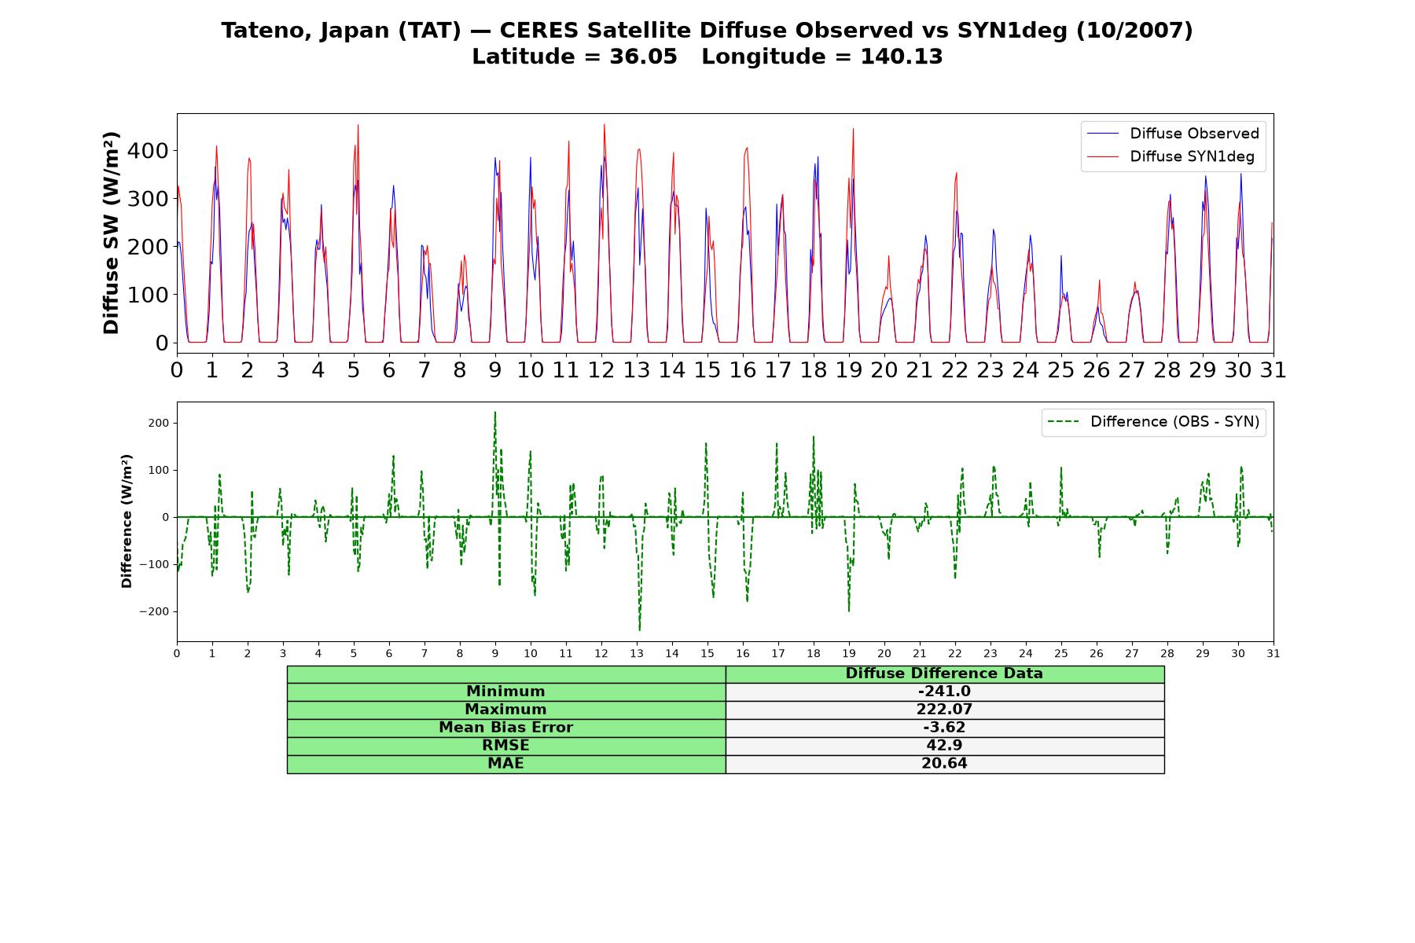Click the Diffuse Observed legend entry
click(1173, 134)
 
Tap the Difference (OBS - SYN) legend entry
click(1154, 422)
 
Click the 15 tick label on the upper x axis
click(707, 369)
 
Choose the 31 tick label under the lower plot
click(1273, 653)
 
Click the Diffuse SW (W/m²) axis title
click(112, 233)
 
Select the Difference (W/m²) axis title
click(127, 521)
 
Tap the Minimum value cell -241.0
click(944, 692)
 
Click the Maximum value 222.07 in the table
click(944, 710)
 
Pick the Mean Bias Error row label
click(505, 728)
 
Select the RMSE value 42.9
click(944, 746)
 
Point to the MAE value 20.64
click(944, 764)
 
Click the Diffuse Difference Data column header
click(944, 673)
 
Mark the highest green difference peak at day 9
click(494, 412)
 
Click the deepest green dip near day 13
click(639, 630)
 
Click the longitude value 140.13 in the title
click(902, 57)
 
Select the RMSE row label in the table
click(505, 746)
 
